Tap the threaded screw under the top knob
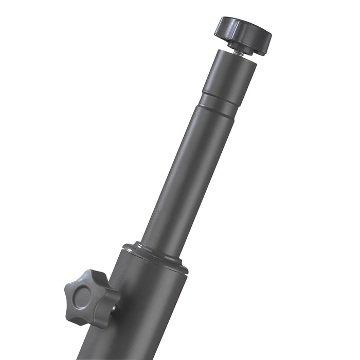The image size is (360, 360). click(237, 51)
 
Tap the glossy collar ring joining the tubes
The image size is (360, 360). click(154, 255)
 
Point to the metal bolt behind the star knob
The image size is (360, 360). click(114, 309)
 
